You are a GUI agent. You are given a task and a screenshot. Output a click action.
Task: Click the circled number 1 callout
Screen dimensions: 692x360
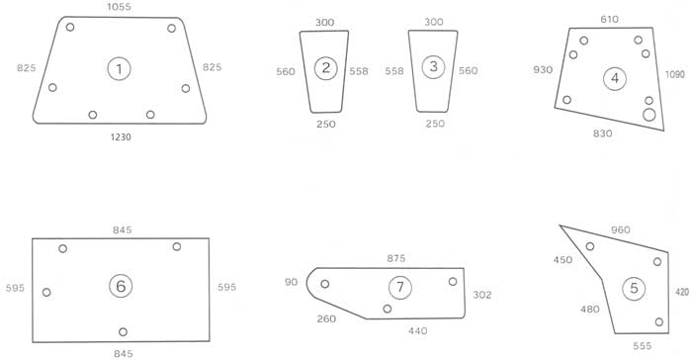click(x=120, y=69)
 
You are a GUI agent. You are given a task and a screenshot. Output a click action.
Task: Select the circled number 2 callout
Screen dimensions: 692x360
click(x=325, y=68)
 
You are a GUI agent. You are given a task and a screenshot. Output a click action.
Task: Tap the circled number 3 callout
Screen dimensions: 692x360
click(x=433, y=66)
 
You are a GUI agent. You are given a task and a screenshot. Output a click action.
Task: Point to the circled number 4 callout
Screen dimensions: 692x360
click(x=615, y=78)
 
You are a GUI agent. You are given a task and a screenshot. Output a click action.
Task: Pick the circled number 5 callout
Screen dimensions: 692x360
click(x=634, y=289)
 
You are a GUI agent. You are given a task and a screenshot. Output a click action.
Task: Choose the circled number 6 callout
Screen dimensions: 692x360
click(x=121, y=286)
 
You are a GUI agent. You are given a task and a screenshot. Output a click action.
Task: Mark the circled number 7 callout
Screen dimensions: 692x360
click(x=399, y=288)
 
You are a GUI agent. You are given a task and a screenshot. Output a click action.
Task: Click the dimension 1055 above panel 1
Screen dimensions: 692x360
click(x=120, y=7)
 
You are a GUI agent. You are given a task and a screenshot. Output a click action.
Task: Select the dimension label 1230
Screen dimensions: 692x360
click(x=121, y=136)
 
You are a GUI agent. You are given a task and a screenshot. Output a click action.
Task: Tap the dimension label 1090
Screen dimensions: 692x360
click(x=675, y=74)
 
